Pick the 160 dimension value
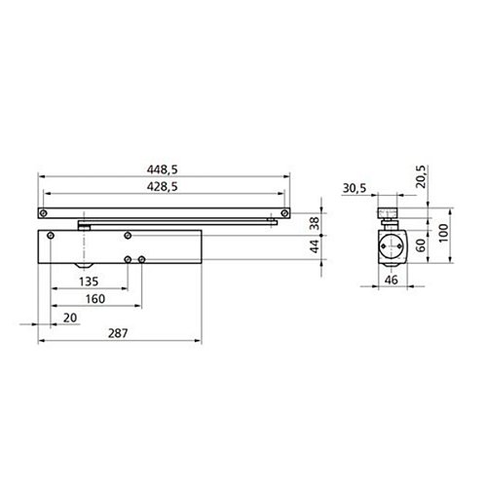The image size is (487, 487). pos(94,300)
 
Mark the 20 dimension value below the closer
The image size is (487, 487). pos(68,318)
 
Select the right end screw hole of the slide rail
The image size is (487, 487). pos(284,211)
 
